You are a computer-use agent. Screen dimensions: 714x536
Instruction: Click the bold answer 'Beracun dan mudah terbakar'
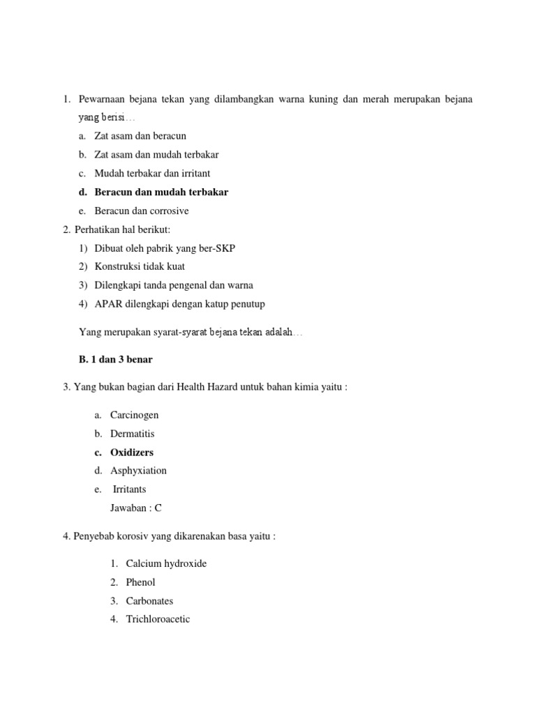161,192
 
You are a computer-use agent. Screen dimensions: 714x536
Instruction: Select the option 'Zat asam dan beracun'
140,136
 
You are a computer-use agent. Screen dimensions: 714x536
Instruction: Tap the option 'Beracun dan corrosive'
142,211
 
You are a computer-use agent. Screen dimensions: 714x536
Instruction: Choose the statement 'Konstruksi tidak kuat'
140,266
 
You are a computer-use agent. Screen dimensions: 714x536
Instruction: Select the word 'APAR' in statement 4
107,303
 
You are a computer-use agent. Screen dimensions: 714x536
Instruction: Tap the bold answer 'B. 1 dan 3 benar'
116,359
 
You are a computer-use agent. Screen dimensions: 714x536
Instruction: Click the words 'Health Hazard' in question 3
209,387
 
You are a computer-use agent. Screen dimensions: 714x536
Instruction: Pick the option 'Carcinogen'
135,415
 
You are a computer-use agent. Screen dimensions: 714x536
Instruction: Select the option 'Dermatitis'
133,434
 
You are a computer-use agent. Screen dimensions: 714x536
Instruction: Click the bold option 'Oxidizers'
132,452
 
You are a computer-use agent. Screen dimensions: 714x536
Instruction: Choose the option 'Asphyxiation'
139,471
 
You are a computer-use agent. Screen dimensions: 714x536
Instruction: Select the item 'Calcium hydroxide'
166,563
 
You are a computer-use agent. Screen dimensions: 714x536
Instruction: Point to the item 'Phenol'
141,582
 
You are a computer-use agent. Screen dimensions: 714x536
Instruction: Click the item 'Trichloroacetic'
158,619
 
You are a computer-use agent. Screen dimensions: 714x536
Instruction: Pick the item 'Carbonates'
149,601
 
